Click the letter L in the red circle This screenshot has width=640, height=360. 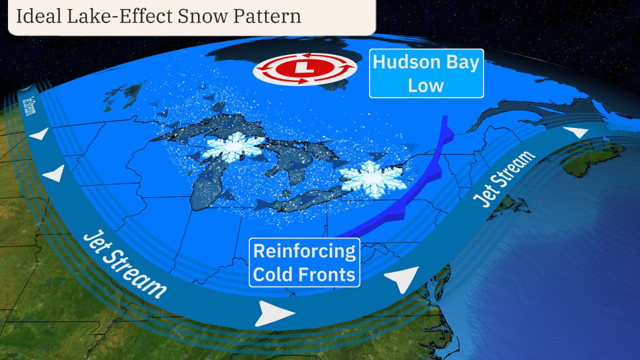point(305,69)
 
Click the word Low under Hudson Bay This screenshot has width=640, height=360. point(426,85)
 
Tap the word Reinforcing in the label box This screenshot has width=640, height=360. point(304,251)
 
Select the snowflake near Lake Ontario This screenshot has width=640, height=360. point(371,177)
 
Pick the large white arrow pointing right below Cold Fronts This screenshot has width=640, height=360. point(274,313)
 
